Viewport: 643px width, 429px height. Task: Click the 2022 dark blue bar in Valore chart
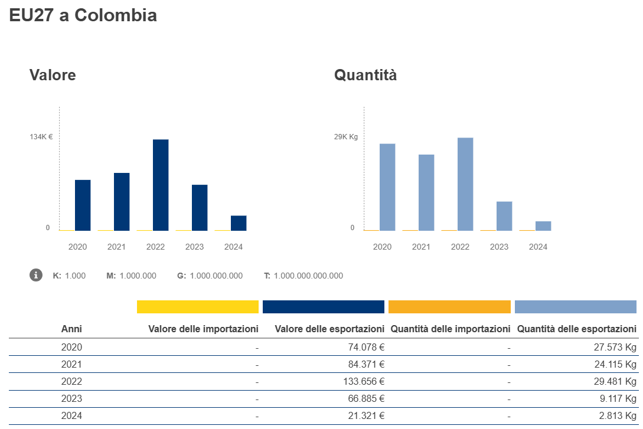click(161, 185)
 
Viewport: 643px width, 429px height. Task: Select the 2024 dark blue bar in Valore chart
click(239, 223)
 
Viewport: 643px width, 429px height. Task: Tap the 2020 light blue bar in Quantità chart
click(387, 187)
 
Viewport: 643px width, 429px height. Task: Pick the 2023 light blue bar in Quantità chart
click(504, 216)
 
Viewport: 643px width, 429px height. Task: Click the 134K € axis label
click(41, 137)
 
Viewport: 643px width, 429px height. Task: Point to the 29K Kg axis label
click(346, 137)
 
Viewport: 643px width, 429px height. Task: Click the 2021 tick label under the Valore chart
click(116, 247)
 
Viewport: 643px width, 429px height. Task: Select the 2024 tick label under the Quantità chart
click(538, 247)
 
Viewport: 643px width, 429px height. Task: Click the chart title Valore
click(53, 75)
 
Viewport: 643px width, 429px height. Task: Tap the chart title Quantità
click(365, 75)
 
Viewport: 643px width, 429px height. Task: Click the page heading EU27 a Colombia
click(83, 15)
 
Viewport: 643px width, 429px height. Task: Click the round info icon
click(36, 275)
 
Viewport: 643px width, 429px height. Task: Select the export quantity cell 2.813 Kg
click(617, 415)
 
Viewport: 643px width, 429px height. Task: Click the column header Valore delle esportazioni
click(330, 329)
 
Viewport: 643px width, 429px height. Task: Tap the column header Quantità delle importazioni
click(450, 329)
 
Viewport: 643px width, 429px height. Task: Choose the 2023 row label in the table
click(71, 398)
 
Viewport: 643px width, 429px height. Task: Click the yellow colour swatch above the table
click(198, 307)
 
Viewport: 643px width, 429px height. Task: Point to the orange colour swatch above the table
click(449, 307)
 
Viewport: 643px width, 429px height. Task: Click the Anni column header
click(71, 329)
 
